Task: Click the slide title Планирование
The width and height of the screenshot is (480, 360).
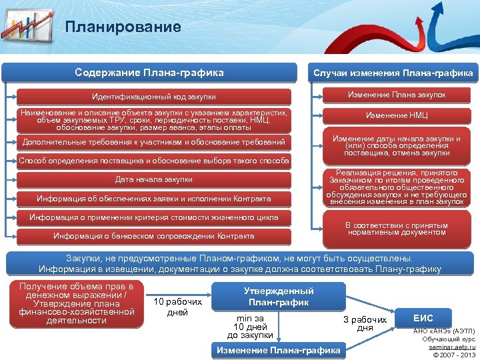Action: coord(123,27)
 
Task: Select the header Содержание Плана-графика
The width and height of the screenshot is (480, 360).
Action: coord(149,73)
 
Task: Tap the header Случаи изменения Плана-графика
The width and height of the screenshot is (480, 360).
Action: coord(393,73)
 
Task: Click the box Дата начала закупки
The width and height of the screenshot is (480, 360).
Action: coord(154,179)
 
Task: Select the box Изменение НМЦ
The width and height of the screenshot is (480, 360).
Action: coord(397,115)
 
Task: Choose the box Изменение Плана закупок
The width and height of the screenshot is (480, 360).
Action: coord(397,95)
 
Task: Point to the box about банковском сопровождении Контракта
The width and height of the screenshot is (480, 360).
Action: coord(154,236)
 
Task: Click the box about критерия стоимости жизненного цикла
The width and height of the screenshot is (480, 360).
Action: coord(154,217)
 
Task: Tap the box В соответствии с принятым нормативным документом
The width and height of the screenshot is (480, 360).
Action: coord(397,229)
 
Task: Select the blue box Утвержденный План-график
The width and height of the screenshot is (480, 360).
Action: coord(279,296)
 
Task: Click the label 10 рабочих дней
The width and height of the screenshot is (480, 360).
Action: coord(177,307)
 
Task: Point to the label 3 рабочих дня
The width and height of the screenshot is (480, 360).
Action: coord(365,324)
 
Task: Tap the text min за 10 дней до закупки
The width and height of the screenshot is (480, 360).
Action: coord(250,326)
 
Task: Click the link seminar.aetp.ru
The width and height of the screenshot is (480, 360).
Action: coord(453,347)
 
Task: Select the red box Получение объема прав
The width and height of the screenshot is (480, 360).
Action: coord(77,303)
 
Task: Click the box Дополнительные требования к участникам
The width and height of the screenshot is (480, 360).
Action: coord(154,142)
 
